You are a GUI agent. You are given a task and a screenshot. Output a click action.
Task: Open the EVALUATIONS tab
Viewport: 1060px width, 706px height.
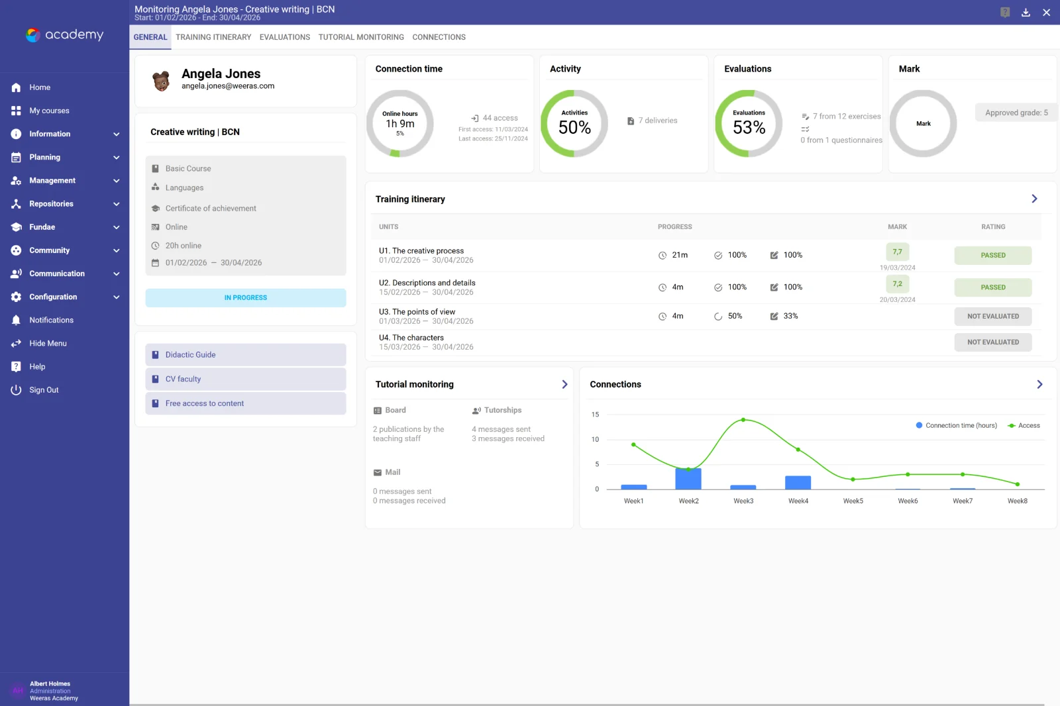click(284, 37)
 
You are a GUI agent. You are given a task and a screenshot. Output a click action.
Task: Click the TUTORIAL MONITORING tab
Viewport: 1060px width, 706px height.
click(361, 37)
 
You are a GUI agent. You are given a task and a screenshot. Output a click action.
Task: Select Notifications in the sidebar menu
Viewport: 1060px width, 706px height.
click(51, 320)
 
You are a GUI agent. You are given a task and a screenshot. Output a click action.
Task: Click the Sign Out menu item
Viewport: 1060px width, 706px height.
click(44, 390)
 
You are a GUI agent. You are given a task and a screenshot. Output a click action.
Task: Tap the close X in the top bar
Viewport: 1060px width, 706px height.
click(1046, 13)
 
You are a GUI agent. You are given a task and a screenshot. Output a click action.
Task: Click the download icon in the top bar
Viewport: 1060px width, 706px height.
click(1026, 13)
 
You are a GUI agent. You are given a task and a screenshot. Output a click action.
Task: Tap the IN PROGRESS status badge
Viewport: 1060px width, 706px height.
click(246, 297)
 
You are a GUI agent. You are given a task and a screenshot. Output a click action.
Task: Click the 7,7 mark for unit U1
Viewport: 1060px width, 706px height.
click(897, 252)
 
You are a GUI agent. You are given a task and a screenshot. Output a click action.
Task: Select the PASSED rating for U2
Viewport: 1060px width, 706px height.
click(993, 287)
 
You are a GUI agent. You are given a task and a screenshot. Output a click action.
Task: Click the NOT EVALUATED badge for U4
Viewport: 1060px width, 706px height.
click(993, 342)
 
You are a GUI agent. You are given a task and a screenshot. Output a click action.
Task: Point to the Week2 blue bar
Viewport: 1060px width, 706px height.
click(688, 478)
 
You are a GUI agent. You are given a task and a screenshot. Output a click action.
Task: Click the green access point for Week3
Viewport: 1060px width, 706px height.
click(743, 420)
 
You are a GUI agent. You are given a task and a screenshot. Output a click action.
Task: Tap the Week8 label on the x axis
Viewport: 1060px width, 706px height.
click(1017, 501)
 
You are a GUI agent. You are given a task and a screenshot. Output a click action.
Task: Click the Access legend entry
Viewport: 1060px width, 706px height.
click(1024, 425)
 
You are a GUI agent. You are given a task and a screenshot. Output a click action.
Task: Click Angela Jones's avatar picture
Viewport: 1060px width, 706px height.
click(162, 81)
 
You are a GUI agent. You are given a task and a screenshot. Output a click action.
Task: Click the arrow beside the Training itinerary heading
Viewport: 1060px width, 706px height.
click(1034, 199)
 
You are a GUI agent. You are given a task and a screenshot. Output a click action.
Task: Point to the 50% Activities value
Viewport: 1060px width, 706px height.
click(574, 127)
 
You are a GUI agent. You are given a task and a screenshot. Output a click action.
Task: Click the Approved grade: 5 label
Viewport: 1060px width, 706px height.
click(1016, 113)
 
